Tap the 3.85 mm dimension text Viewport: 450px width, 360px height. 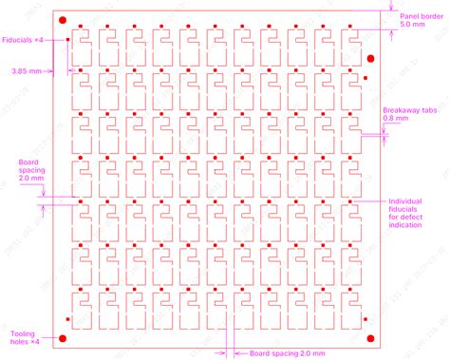tap(26, 70)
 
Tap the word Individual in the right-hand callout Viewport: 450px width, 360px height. tap(406, 200)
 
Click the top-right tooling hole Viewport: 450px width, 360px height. tap(370, 58)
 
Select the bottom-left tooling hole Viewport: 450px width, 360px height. tap(63, 337)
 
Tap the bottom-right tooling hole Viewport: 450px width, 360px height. tap(370, 337)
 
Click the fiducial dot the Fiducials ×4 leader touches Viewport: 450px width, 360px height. tap(69, 40)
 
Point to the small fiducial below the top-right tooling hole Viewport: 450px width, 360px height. tap(366, 76)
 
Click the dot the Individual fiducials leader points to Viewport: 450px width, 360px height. tap(355, 201)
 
